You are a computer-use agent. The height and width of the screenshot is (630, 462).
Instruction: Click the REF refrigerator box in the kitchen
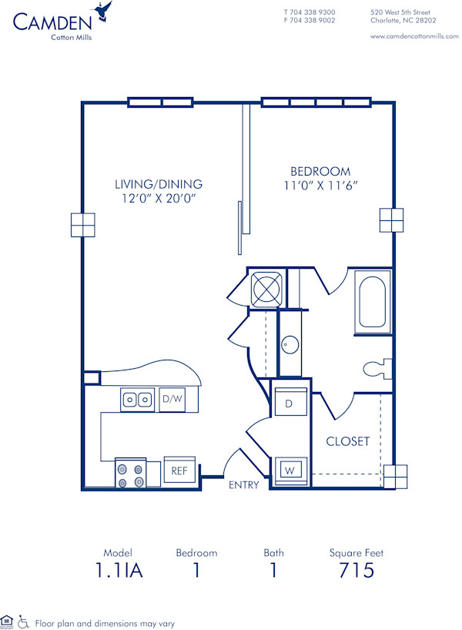[x=179, y=470]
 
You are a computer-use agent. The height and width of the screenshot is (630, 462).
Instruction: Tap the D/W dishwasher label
[x=172, y=399]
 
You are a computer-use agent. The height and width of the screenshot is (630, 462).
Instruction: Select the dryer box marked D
[x=291, y=403]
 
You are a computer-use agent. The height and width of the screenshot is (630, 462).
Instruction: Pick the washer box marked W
[x=291, y=468]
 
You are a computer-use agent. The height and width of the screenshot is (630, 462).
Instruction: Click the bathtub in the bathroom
[x=373, y=302]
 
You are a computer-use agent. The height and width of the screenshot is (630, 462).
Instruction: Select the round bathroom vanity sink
[x=290, y=343]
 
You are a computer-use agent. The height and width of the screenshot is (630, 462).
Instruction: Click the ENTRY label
[x=244, y=485]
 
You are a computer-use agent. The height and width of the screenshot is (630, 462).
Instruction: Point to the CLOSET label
[x=347, y=441]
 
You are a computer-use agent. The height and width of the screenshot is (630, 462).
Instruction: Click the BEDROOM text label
[x=320, y=171]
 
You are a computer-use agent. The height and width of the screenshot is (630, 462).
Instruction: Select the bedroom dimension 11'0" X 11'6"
[x=320, y=186]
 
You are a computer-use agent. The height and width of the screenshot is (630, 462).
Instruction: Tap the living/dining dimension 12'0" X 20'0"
[x=158, y=198]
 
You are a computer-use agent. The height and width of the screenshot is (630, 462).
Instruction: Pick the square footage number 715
[x=357, y=570]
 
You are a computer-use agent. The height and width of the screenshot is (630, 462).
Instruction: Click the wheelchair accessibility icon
[x=23, y=622]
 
